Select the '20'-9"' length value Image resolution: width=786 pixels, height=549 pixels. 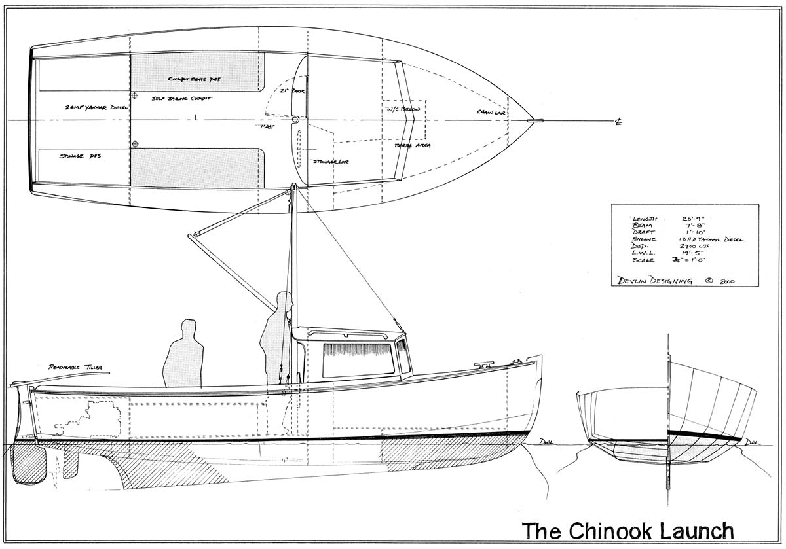[x=692, y=217]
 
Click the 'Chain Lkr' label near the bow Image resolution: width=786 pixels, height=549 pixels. [x=489, y=112]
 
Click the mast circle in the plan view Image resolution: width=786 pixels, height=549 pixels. [x=295, y=120]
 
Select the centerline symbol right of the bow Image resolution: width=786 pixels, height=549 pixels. [x=618, y=121]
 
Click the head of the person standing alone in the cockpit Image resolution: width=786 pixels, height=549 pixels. [x=189, y=327]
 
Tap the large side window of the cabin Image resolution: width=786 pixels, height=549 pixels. [x=358, y=360]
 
